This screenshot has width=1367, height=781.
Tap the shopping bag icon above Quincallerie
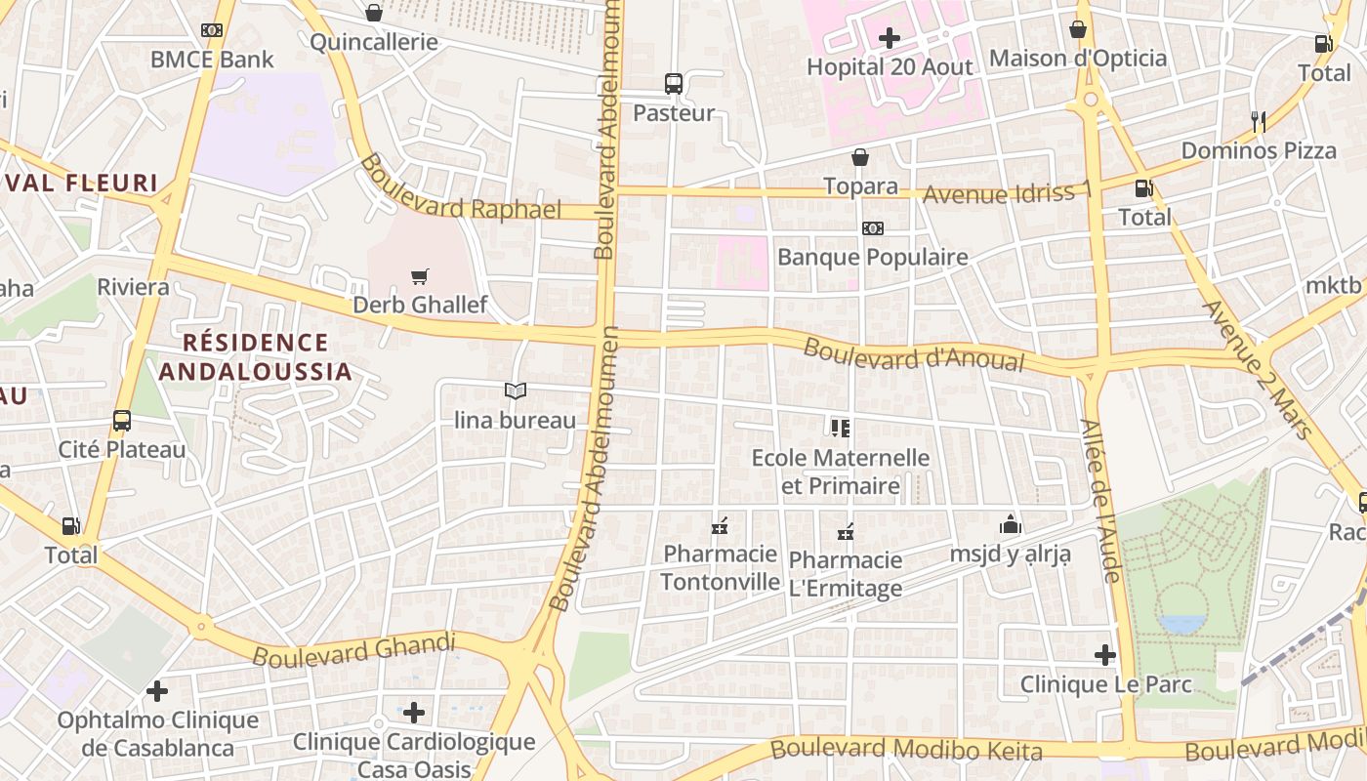373,13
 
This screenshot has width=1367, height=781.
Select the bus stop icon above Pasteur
674,84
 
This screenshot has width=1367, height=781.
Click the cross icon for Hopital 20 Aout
890,38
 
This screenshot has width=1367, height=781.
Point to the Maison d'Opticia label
1078,58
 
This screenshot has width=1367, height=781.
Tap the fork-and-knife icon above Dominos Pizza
1259,122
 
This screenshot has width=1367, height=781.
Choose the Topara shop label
860,185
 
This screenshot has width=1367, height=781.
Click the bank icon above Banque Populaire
872,228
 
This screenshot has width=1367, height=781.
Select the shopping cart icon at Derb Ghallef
420,277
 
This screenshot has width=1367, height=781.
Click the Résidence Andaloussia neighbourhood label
256,356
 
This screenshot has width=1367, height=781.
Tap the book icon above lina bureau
516,391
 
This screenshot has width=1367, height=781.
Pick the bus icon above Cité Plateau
122,421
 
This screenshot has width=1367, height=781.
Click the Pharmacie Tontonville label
721,568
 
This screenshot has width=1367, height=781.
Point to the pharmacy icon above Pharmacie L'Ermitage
846,532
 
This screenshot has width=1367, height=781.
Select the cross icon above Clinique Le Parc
1105,655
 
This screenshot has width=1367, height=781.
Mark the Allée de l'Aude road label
1100,501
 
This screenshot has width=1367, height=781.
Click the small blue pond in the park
1181,623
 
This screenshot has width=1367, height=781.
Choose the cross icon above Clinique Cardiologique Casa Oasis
414,713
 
